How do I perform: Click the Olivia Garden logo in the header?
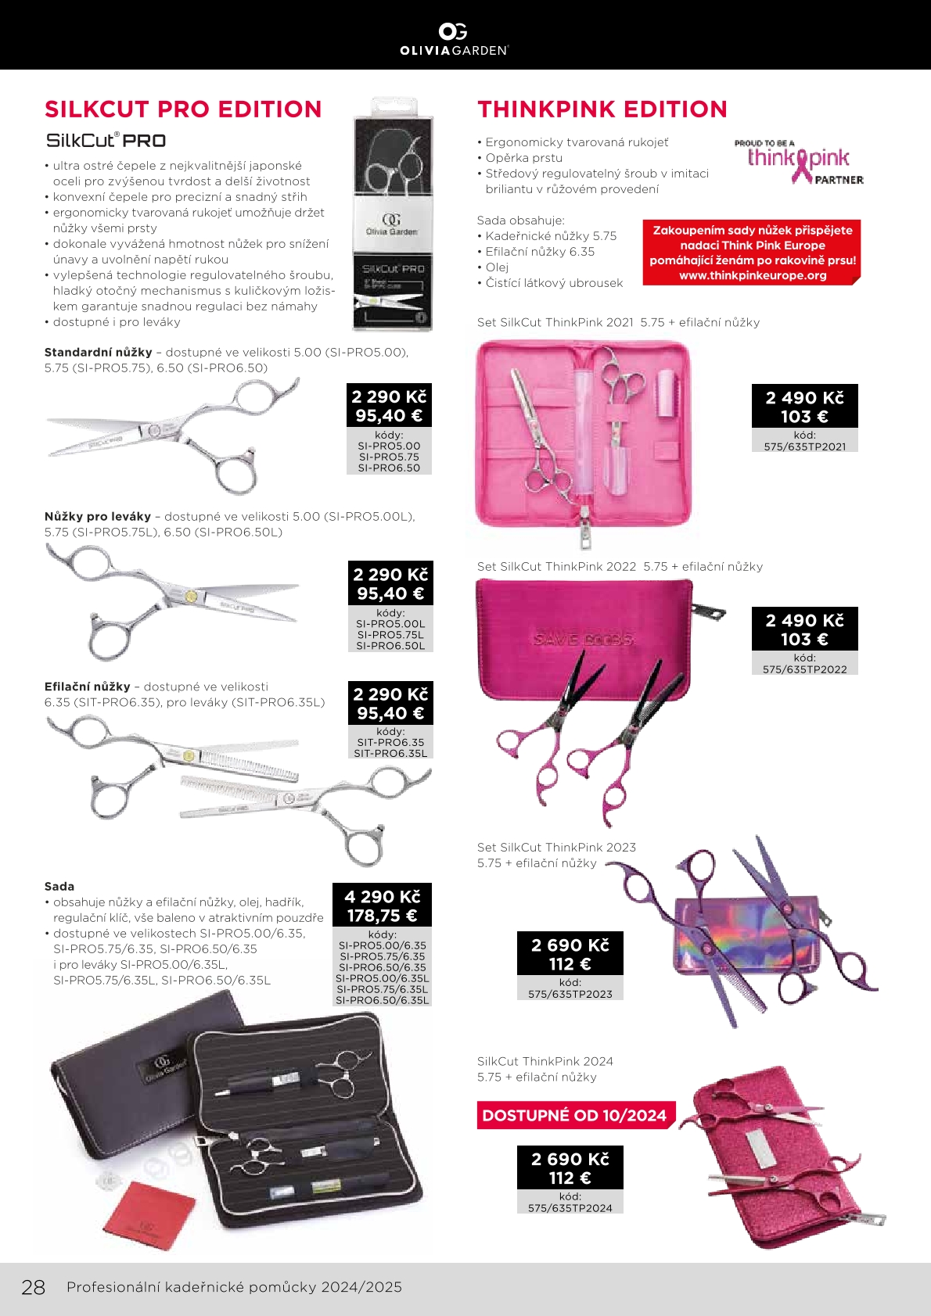tap(454, 38)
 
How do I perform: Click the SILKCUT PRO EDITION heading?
tap(183, 109)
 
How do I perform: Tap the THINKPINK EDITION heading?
tap(602, 109)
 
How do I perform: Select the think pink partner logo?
tap(799, 163)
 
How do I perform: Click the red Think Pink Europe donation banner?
tap(752, 252)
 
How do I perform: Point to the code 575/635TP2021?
tap(805, 447)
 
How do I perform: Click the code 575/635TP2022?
tap(805, 669)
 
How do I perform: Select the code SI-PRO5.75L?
tap(390, 635)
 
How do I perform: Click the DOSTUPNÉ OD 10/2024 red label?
tap(575, 1116)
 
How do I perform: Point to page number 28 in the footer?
tap(33, 1287)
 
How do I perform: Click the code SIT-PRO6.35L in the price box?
tap(390, 754)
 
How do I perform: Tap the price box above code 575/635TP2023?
tap(570, 954)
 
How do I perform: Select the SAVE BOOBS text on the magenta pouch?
tap(583, 639)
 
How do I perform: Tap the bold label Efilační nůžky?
tap(88, 687)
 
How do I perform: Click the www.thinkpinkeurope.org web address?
tap(753, 275)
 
